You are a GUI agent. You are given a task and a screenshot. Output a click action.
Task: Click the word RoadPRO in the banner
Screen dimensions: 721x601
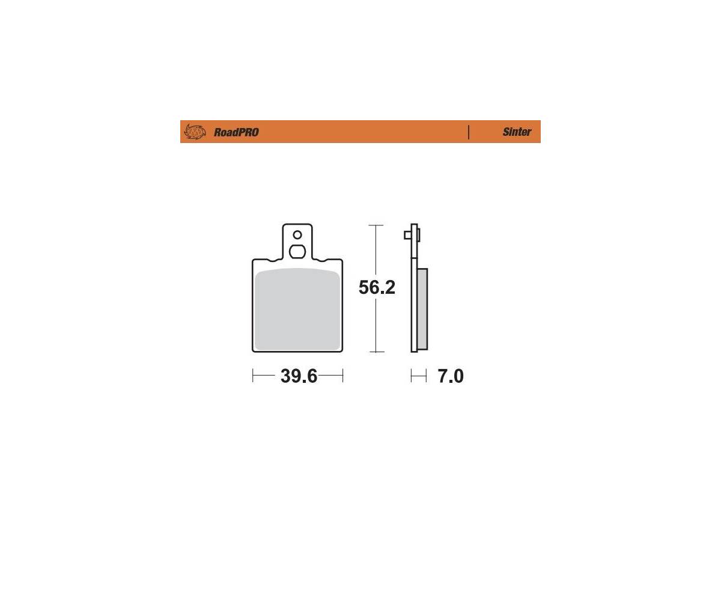click(x=236, y=132)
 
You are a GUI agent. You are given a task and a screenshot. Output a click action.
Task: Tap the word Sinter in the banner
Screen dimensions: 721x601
click(x=517, y=132)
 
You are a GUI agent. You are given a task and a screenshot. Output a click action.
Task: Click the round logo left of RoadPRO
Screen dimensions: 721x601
click(x=195, y=132)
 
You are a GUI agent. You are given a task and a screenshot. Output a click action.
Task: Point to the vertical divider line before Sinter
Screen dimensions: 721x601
click(x=469, y=132)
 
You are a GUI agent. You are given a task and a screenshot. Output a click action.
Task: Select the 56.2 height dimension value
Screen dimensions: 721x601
click(x=377, y=287)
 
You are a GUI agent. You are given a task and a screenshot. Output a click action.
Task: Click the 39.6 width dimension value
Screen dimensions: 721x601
click(x=299, y=376)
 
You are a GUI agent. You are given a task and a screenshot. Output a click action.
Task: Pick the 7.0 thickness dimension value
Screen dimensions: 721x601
click(x=451, y=376)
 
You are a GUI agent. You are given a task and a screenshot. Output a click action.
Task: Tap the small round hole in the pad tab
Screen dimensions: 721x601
click(x=297, y=235)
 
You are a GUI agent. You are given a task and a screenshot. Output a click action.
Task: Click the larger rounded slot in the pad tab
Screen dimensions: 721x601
click(x=297, y=251)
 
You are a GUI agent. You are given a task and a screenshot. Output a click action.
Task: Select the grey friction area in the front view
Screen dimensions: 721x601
click(x=297, y=309)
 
